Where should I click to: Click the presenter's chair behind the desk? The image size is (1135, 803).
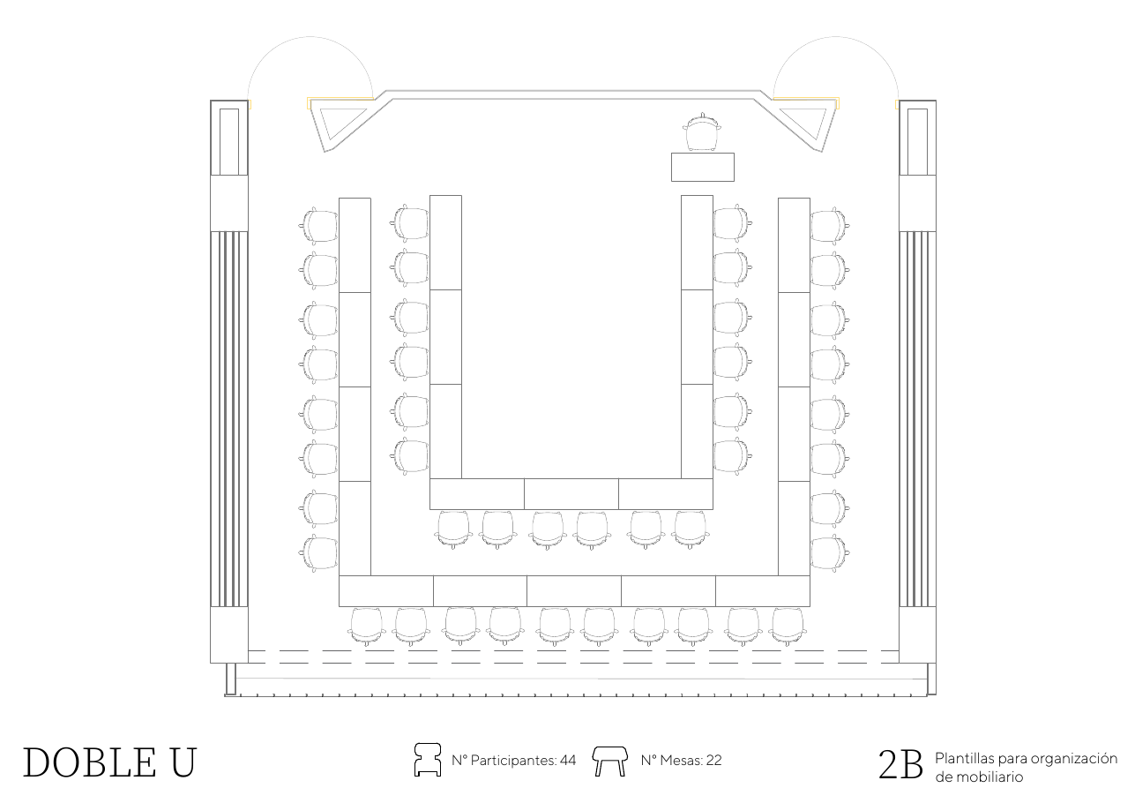[x=702, y=132]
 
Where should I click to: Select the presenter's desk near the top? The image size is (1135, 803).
[x=703, y=167]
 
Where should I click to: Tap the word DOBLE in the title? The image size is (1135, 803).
[x=89, y=762]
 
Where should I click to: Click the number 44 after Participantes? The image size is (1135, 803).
[x=568, y=761]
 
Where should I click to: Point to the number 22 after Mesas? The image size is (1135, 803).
[x=714, y=761]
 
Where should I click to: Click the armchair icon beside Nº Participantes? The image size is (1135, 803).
[x=428, y=760]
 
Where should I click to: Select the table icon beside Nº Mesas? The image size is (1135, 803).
[x=610, y=762]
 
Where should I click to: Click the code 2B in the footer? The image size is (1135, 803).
[x=900, y=765]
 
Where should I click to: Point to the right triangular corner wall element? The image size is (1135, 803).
[x=804, y=124]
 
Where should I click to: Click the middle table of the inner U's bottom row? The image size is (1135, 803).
[x=571, y=494]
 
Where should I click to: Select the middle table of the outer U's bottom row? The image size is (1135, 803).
[x=574, y=591]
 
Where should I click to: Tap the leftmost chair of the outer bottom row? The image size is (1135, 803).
[x=367, y=627]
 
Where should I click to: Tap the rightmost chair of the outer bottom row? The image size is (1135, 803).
[x=788, y=627]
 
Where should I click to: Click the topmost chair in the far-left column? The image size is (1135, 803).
[x=317, y=226]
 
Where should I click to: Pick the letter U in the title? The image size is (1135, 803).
[x=183, y=762]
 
